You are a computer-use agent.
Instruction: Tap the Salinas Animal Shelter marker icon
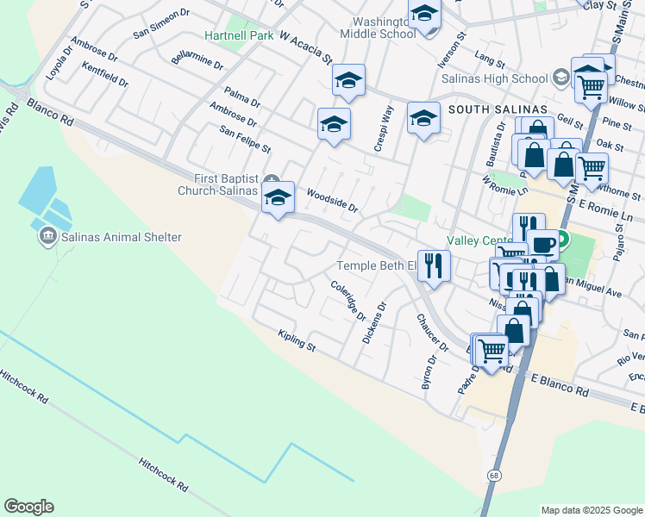(x=47, y=234)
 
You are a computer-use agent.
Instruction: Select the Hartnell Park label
(x=239, y=35)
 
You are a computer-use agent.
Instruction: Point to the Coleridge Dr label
(x=348, y=300)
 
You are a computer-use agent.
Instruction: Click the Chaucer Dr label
(x=432, y=333)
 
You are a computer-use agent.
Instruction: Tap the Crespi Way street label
(x=385, y=129)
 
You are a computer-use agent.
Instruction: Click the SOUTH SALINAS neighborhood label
(x=498, y=109)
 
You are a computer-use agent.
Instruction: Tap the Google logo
(x=28, y=507)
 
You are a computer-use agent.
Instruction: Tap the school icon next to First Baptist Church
(x=278, y=196)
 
